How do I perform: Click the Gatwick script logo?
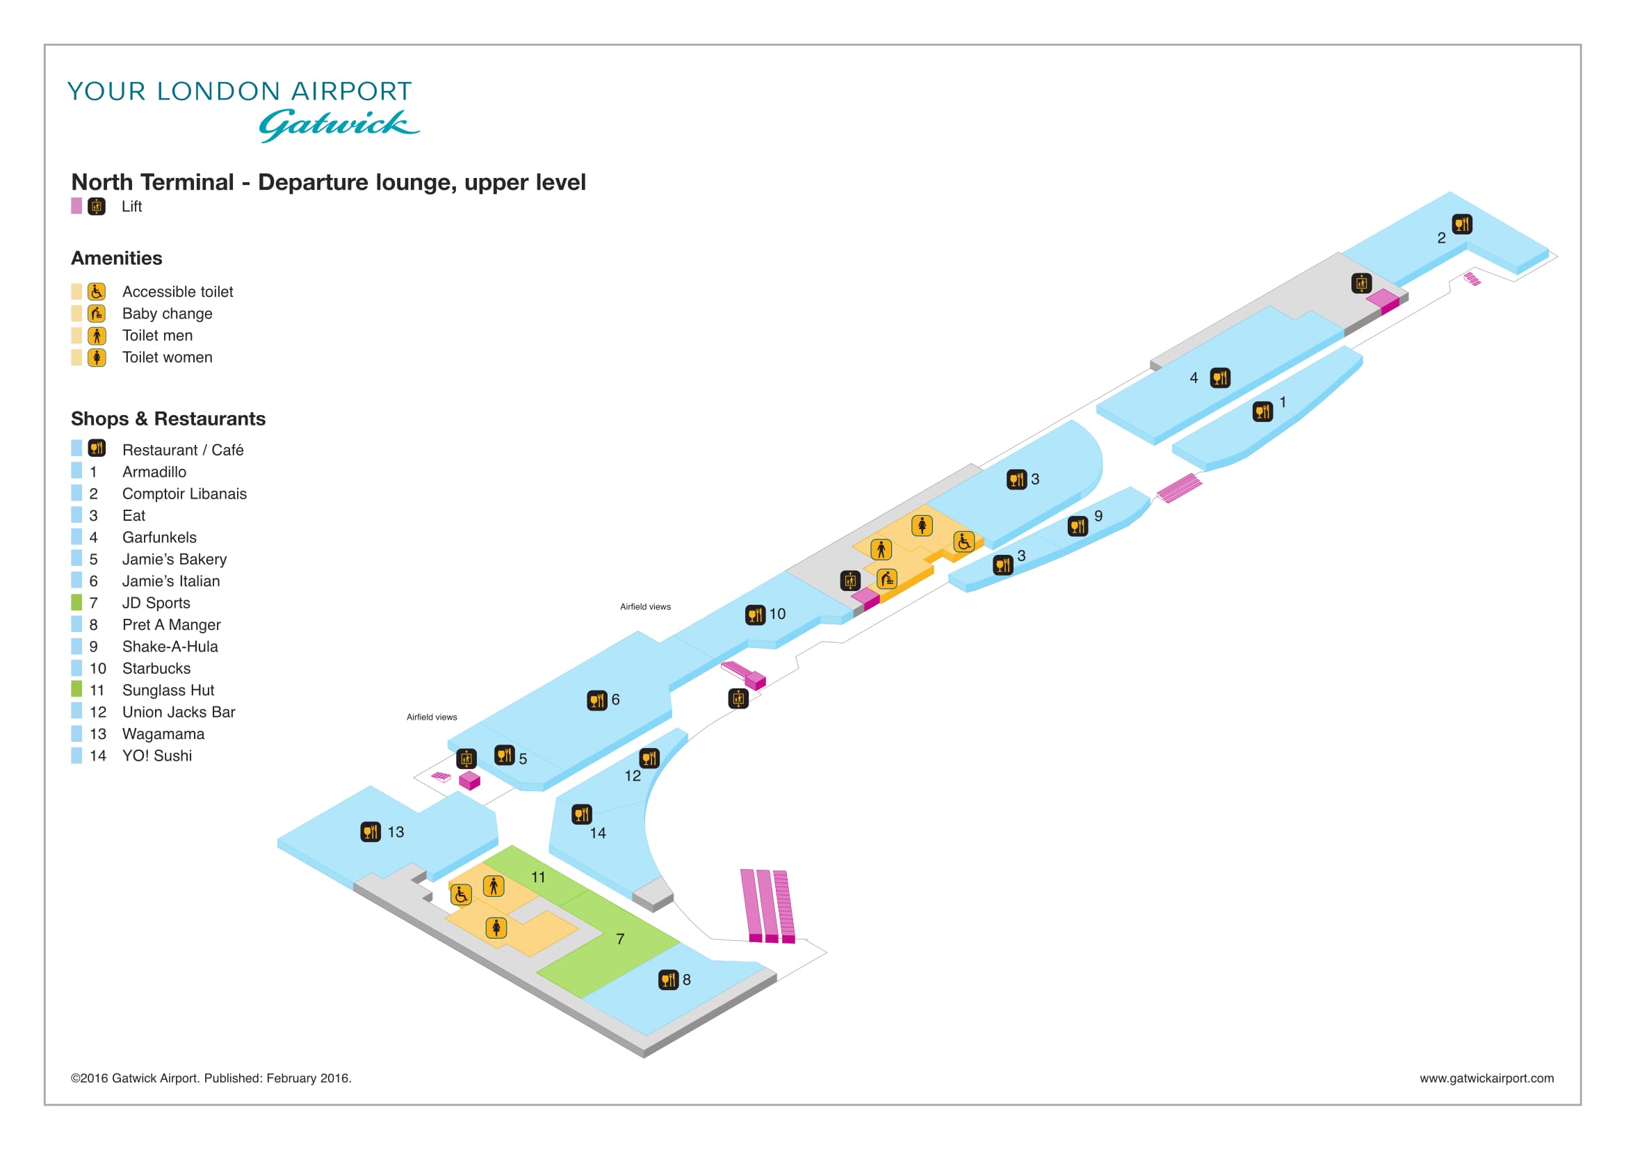point(339,125)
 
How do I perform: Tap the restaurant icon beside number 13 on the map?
point(371,832)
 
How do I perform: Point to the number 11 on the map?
point(538,877)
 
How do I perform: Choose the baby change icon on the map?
point(887,579)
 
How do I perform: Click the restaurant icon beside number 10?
point(756,615)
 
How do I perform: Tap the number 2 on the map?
point(1441,238)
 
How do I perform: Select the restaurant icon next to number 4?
point(1220,378)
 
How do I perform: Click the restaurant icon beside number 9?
point(1078,526)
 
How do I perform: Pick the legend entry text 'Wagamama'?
point(163,734)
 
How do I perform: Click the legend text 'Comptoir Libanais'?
point(185,494)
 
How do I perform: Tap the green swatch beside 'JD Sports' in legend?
point(76,603)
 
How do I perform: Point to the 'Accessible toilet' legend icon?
point(97,292)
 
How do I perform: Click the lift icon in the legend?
point(97,206)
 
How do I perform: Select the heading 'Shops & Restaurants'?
point(168,419)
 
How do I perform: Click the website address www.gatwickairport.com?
point(1486,1078)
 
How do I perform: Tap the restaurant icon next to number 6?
point(597,700)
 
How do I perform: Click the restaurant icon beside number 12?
point(649,759)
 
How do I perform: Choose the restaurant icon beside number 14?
point(582,814)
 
